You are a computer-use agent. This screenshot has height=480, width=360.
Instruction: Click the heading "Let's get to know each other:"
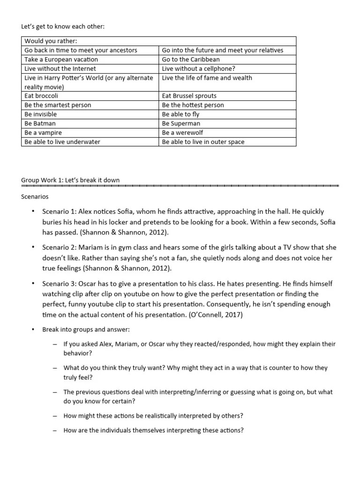[63, 27]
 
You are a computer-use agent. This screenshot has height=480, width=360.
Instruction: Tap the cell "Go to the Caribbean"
[190, 60]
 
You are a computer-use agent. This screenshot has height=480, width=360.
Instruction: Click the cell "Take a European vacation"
[61, 60]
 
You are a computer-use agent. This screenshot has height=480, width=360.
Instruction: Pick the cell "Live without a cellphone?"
[198, 69]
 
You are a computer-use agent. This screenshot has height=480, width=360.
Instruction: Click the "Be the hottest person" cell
[193, 105]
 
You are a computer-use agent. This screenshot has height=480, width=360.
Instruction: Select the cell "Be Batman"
[40, 123]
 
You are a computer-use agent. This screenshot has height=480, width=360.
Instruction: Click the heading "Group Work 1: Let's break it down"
[70, 180]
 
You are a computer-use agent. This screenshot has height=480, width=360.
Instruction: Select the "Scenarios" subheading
[35, 197]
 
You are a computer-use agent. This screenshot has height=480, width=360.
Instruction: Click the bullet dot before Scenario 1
[33, 211]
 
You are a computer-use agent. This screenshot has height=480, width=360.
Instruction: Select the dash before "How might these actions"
[55, 415]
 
